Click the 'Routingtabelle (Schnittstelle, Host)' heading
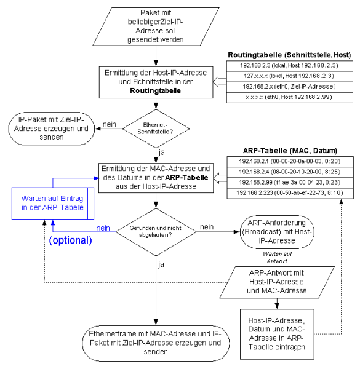click(x=289, y=55)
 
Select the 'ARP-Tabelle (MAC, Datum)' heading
click(x=289, y=150)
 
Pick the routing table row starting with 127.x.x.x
click(x=289, y=75)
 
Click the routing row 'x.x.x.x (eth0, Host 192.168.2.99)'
click(x=289, y=97)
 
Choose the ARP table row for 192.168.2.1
click(x=289, y=160)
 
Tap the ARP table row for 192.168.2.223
click(x=289, y=193)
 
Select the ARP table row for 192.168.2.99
click(x=289, y=182)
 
